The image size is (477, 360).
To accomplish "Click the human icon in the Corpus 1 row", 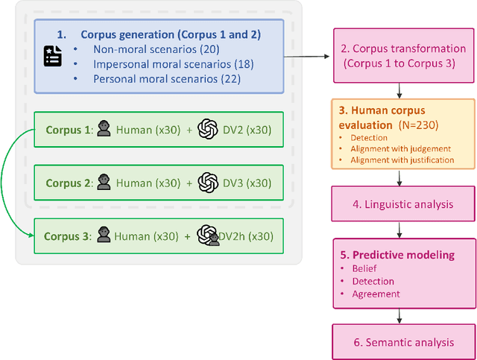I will click(104, 130).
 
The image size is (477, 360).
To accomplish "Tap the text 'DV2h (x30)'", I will click(246, 236).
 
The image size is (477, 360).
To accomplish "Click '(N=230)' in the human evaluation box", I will click(427, 124).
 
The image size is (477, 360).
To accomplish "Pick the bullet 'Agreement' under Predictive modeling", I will click(376, 294).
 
